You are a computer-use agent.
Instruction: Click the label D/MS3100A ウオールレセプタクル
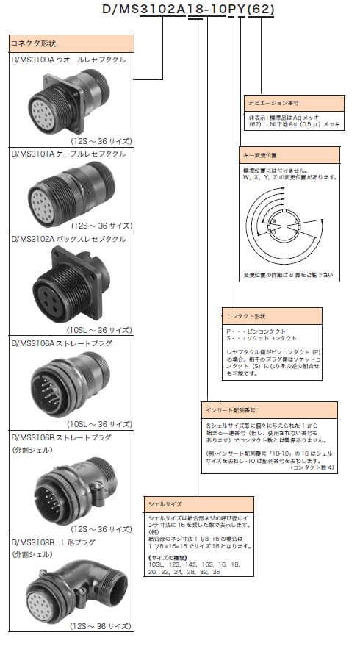[x=68, y=59]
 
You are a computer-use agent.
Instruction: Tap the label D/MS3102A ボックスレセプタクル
[x=68, y=238]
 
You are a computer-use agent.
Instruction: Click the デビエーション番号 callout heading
[x=274, y=104]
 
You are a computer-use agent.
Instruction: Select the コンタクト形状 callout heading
[x=246, y=316]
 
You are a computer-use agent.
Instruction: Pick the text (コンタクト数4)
[x=312, y=467]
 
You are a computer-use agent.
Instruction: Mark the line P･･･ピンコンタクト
[x=254, y=332]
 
